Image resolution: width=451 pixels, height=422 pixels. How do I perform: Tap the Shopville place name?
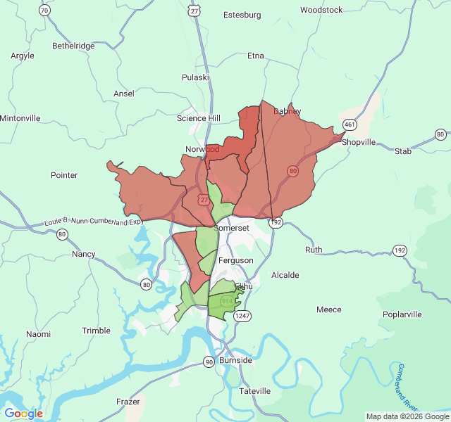click(359, 141)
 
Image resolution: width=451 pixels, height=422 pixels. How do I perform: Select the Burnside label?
click(235, 360)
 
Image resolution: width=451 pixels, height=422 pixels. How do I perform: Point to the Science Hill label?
click(198, 118)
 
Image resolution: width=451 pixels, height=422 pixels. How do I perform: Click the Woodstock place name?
click(321, 10)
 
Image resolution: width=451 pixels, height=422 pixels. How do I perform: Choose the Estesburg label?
click(242, 15)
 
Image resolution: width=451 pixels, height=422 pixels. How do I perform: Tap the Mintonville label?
click(20, 118)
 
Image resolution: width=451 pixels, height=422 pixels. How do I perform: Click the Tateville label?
click(254, 391)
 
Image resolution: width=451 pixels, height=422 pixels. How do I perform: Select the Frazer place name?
click(128, 402)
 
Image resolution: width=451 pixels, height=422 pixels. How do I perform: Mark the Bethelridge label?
click(73, 46)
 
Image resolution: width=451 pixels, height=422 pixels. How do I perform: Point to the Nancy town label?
click(84, 254)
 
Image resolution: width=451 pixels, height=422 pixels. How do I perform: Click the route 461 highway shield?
click(349, 124)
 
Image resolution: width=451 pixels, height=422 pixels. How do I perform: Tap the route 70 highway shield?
click(44, 10)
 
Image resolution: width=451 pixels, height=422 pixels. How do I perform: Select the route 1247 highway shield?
click(242, 316)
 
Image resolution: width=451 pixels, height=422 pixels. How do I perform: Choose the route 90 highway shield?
click(209, 362)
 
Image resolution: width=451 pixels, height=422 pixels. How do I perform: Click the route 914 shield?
click(226, 301)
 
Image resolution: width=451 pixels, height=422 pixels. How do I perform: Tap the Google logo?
click(23, 414)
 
